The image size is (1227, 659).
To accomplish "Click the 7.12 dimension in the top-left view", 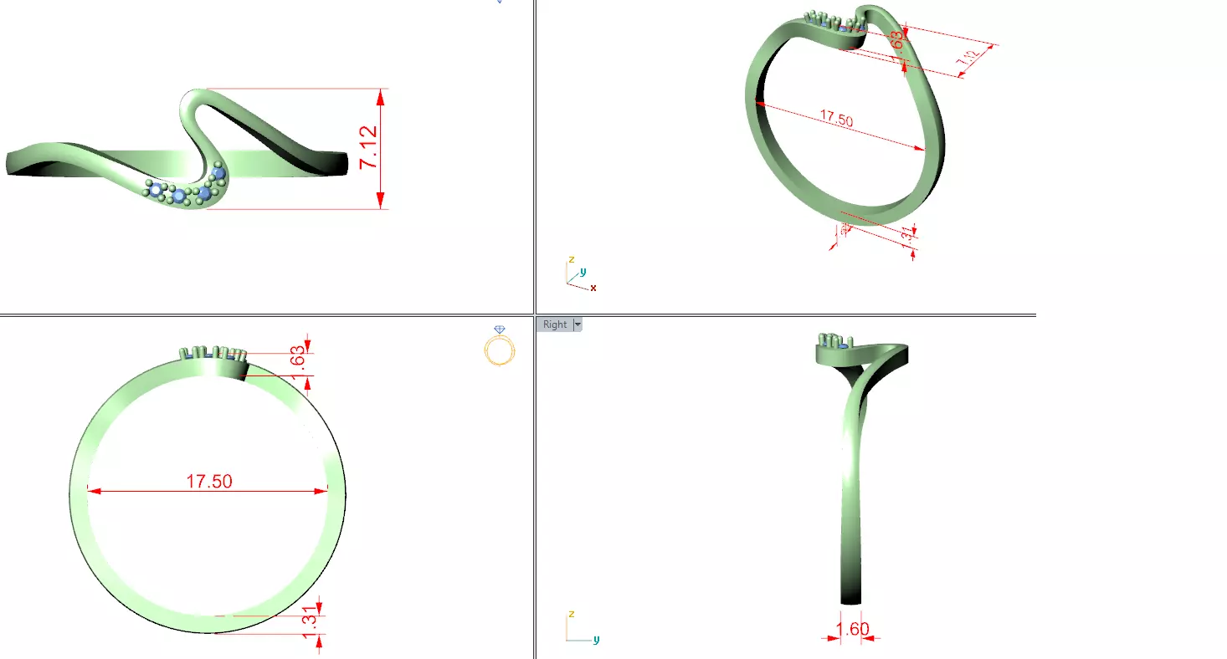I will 369,148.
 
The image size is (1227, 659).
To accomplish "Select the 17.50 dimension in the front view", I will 209,481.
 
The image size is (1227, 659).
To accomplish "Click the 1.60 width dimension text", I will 853,629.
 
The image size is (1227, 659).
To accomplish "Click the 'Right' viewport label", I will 555,324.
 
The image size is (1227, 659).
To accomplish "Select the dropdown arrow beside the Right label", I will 577,324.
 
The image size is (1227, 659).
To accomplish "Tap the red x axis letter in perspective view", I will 593,288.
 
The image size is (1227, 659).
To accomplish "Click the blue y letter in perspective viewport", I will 583,271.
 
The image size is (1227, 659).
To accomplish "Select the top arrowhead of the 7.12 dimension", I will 381,97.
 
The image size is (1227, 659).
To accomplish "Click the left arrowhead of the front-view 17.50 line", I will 93,491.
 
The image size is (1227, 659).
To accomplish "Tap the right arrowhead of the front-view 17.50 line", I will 321,491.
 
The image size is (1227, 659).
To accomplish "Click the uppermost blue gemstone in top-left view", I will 218,173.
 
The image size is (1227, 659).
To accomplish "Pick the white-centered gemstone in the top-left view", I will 156,191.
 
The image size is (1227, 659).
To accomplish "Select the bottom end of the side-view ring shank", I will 851,599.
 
